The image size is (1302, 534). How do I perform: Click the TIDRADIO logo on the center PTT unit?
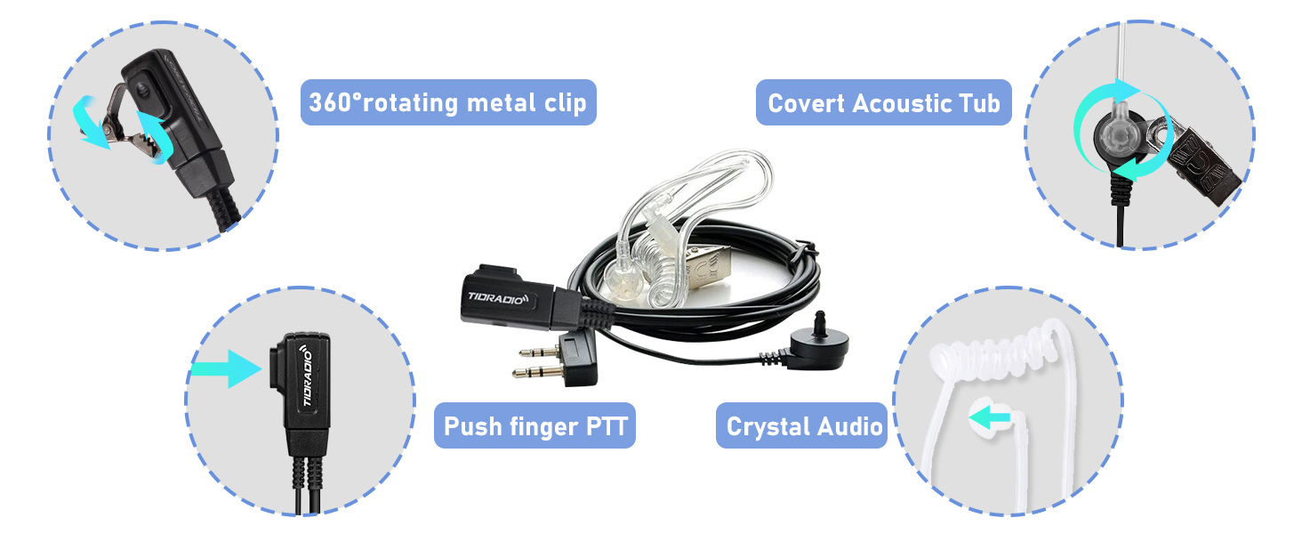[497, 295]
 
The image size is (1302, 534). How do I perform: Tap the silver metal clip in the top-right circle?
[1199, 158]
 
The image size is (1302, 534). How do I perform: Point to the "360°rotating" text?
[372, 102]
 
